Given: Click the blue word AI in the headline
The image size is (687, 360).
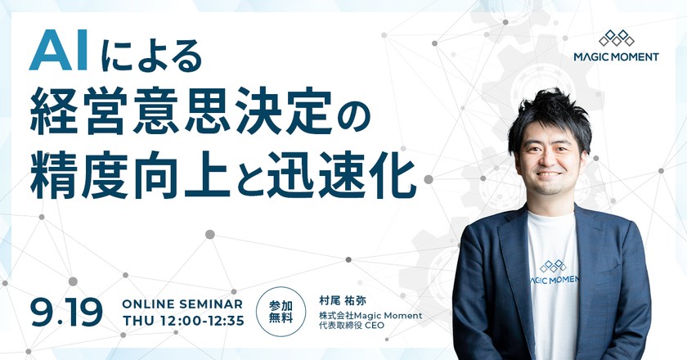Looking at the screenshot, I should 59,54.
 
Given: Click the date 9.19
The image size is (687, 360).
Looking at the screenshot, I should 65,312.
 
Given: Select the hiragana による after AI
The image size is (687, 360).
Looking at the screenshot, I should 151,56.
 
